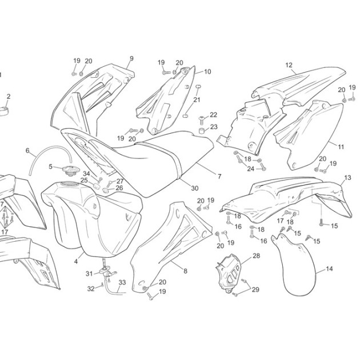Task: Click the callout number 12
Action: pos(289,65)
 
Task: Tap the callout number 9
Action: pos(131,58)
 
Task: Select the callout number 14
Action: pos(329,269)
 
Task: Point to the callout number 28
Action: pos(256,256)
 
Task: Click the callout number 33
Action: pos(122,282)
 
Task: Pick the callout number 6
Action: pos(27,151)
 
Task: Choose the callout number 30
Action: pos(195,188)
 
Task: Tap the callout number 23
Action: pos(214,127)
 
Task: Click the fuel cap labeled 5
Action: pos(70,171)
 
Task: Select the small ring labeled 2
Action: pos(4,111)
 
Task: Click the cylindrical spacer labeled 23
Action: pos(201,130)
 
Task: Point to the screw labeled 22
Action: pos(201,119)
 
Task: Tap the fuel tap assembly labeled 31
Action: pos(107,271)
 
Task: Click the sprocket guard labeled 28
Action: pos(229,273)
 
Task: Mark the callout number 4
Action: pos(76,261)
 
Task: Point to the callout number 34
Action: pos(86,174)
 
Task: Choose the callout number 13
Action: pos(348,178)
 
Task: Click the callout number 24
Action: pos(251,169)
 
